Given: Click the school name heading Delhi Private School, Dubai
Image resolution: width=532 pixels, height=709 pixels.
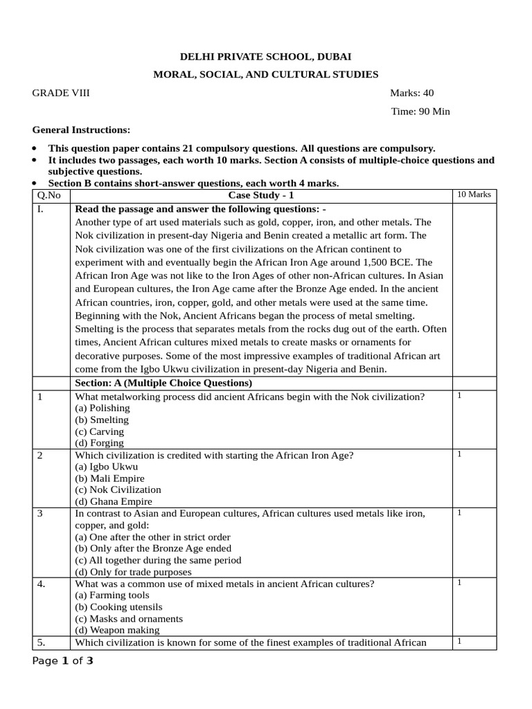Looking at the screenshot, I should (x=266, y=57).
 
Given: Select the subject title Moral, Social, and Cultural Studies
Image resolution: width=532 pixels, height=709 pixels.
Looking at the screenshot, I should (x=266, y=74).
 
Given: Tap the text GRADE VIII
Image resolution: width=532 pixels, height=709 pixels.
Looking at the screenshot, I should (x=61, y=93).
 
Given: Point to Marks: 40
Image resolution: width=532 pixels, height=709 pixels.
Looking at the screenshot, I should (x=412, y=93).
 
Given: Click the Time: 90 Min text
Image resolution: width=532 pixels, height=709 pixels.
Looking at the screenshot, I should (x=420, y=111).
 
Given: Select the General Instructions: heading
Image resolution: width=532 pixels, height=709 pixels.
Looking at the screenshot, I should (x=81, y=130).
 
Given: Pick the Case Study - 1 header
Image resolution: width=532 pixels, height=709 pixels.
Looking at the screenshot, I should (x=261, y=195).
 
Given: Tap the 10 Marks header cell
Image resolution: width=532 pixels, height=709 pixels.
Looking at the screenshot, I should (x=474, y=195).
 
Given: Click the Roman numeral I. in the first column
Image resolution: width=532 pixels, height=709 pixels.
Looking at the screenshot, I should (x=42, y=209).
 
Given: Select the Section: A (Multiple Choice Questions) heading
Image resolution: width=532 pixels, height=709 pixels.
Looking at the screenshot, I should (x=163, y=383).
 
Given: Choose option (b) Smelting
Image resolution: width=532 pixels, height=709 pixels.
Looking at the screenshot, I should (x=102, y=420).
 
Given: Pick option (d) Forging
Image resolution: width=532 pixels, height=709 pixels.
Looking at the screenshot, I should (x=99, y=442).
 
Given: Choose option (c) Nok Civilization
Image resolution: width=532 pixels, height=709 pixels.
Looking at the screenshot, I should (x=118, y=490).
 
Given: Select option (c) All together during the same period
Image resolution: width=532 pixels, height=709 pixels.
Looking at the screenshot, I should (x=158, y=560).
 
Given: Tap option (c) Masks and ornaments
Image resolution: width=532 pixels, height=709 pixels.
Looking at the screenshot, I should (x=129, y=618).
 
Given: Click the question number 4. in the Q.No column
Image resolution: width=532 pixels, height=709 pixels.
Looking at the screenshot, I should (x=42, y=584).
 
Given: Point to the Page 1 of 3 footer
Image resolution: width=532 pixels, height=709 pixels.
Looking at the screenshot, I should (x=63, y=661).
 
